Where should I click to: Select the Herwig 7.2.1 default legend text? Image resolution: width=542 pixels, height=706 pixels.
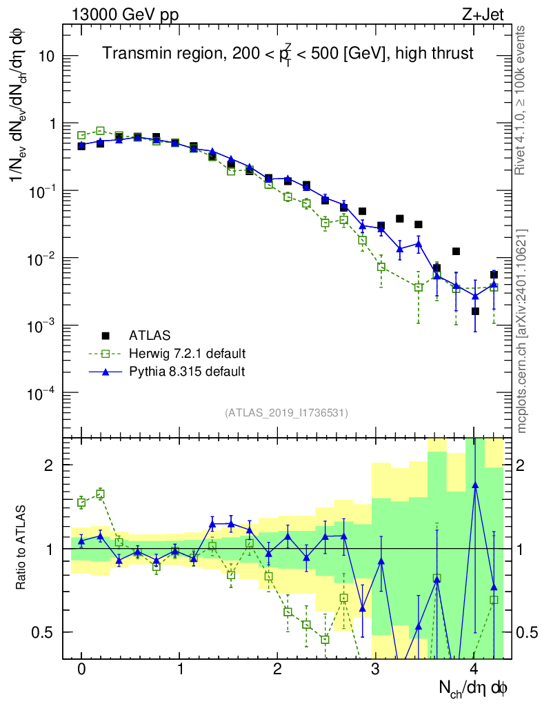(187, 354)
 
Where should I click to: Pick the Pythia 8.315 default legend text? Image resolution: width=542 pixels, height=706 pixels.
(186, 372)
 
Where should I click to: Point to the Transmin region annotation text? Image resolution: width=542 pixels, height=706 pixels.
(288, 54)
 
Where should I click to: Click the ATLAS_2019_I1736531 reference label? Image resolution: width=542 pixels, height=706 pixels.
(286, 413)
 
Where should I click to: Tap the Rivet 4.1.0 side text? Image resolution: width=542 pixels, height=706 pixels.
(522, 100)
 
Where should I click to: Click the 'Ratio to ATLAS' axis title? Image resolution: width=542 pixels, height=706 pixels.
(21, 548)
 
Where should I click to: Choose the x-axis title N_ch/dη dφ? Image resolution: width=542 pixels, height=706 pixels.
(474, 687)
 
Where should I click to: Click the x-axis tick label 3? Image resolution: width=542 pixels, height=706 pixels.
(376, 669)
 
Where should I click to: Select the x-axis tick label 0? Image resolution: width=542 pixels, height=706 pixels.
(81, 669)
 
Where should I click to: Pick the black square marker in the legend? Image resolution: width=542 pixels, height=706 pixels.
(106, 336)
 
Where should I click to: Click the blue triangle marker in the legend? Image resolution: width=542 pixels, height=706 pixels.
(106, 371)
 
